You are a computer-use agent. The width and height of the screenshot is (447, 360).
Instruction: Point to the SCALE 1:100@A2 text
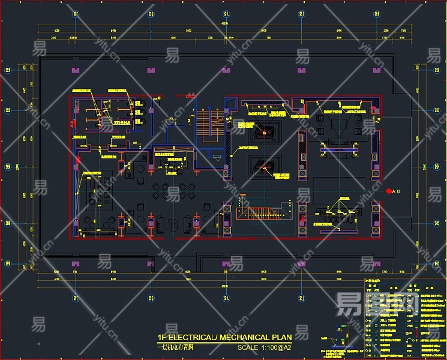264,347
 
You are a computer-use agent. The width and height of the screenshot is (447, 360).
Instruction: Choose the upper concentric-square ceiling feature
264,130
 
